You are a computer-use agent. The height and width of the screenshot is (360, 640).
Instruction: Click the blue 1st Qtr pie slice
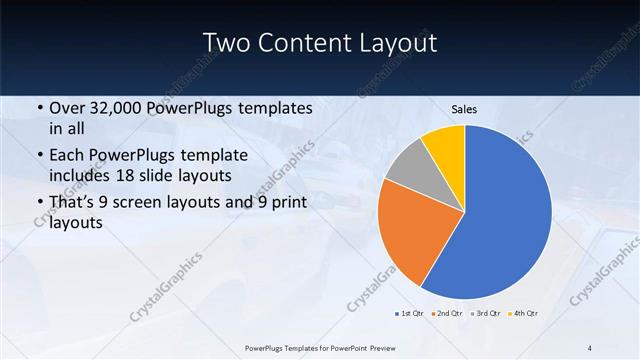[x=505, y=215]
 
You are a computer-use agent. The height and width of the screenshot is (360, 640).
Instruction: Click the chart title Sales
[x=464, y=109]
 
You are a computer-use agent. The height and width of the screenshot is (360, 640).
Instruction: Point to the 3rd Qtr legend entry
[x=486, y=314]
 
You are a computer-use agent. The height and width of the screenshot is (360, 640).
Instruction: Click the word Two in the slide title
[x=226, y=42]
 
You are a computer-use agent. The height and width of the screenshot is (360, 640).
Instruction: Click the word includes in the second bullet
[x=79, y=176]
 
